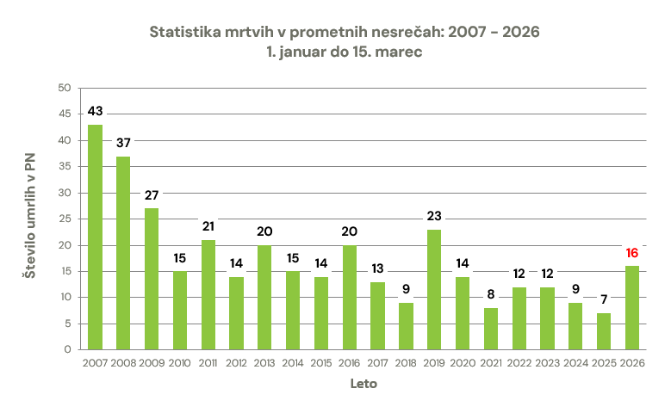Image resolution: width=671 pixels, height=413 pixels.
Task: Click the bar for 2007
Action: click(95, 237)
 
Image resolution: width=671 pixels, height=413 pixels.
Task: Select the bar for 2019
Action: click(434, 289)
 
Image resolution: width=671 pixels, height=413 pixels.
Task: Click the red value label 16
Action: click(632, 253)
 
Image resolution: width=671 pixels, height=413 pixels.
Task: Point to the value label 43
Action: click(95, 112)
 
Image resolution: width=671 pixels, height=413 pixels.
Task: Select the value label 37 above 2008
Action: click(123, 143)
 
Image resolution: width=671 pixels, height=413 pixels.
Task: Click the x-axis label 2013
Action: click(264, 364)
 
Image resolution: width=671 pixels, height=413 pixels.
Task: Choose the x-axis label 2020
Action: click(463, 364)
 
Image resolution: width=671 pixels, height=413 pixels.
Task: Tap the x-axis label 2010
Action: click(180, 364)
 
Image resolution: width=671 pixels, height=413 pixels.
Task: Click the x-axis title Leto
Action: click(363, 385)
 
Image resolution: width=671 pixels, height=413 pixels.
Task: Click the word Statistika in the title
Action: click(185, 32)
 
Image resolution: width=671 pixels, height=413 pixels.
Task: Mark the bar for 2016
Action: click(350, 298)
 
